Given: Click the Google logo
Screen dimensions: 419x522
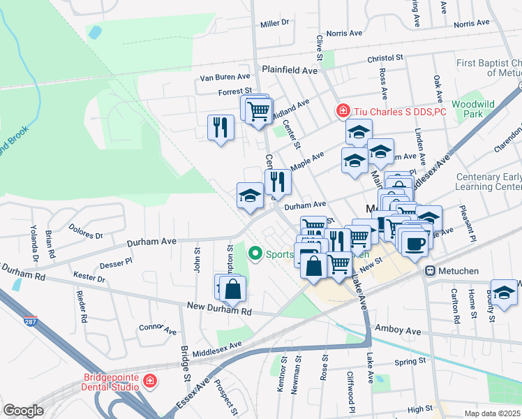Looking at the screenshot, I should click(x=23, y=411).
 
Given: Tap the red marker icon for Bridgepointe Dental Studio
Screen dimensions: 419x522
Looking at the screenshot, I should click(x=149, y=381).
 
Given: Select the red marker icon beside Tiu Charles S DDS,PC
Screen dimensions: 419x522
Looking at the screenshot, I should click(x=343, y=110).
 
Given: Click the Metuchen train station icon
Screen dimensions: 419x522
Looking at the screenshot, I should click(x=431, y=270).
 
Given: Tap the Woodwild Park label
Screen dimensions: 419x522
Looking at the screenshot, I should click(x=472, y=108).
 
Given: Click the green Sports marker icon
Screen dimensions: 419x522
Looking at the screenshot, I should click(x=255, y=254).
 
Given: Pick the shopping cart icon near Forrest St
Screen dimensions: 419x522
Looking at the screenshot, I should click(x=258, y=110).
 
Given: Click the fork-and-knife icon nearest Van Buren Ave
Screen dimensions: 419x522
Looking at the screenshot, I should click(x=221, y=127).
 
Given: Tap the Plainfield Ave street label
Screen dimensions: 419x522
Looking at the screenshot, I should click(x=290, y=71).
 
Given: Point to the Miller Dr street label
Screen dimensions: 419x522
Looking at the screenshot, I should click(x=274, y=23).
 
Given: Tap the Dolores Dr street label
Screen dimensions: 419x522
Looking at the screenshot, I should click(x=86, y=231).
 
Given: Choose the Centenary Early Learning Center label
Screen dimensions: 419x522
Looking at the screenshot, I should click(x=488, y=182).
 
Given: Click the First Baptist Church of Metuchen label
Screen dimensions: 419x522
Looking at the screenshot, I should click(x=489, y=68).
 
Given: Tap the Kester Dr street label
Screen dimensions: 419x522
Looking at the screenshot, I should click(x=91, y=279).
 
